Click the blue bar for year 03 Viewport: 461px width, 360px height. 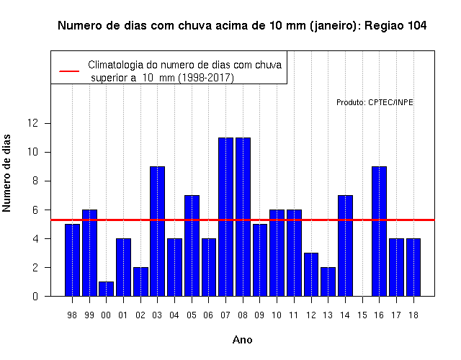click(157, 231)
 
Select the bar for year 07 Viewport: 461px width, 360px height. click(225, 217)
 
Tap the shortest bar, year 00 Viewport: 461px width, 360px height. click(106, 289)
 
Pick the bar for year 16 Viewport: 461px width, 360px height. click(380, 231)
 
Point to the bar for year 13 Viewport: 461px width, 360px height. click(328, 282)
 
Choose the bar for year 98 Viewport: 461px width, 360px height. click(72, 260)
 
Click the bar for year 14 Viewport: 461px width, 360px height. click(345, 246)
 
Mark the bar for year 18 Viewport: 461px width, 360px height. click(413, 267)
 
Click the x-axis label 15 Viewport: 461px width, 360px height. click(362, 315)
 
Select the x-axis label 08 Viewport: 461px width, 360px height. click(243, 315)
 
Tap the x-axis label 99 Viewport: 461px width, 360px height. click(89, 315)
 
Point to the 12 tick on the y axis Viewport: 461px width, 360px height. click(32, 123)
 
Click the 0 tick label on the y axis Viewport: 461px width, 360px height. click(35, 296)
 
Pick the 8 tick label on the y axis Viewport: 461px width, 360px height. click(35, 181)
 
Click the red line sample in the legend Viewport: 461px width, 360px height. click(69, 71)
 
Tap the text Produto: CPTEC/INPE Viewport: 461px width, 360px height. click(375, 102)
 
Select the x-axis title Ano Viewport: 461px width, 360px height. click(242, 340)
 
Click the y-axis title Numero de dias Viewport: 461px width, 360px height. click(6, 174)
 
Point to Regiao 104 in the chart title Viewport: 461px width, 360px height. click(395, 26)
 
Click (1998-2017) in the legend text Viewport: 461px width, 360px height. click(206, 78)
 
